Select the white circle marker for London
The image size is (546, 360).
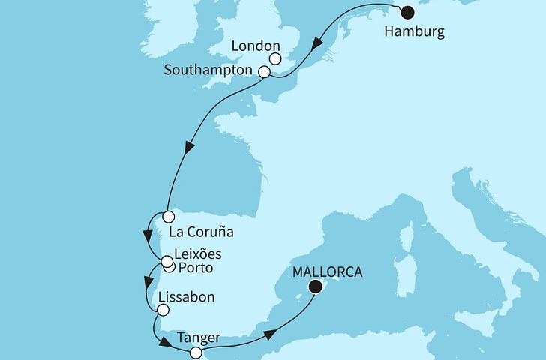pyautogui.click(x=275, y=58)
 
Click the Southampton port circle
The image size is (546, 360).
pyautogui.click(x=264, y=72)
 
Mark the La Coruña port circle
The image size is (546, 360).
pyautogui.click(x=157, y=216)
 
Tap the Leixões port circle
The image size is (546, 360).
pyautogui.click(x=166, y=261)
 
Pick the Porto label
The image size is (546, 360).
pyautogui.click(x=196, y=268)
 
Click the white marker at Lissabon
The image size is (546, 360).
pyautogui.click(x=163, y=309)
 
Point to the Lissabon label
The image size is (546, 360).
pyautogui.click(x=187, y=297)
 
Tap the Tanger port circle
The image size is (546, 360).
pyautogui.click(x=196, y=352)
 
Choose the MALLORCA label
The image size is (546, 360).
pyautogui.click(x=327, y=271)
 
